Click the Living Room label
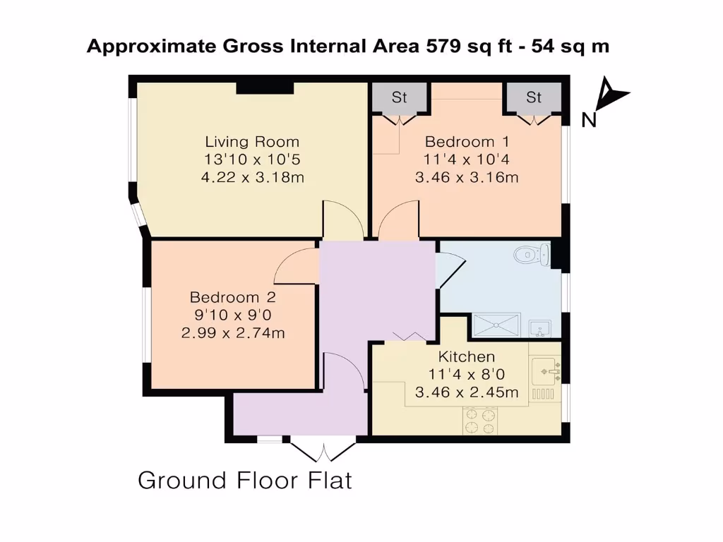tap(252, 142)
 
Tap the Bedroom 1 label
tap(467, 142)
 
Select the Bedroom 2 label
tap(233, 297)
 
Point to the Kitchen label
tap(467, 356)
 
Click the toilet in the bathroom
tap(531, 254)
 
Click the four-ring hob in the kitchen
tap(480, 421)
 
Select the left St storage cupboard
tap(400, 97)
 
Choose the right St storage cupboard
tap(533, 97)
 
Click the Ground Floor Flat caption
tap(244, 481)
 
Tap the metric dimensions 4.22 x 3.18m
tap(252, 177)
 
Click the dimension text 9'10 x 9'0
tap(233, 315)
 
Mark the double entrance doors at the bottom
tap(323, 448)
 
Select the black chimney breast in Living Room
tap(264, 88)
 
